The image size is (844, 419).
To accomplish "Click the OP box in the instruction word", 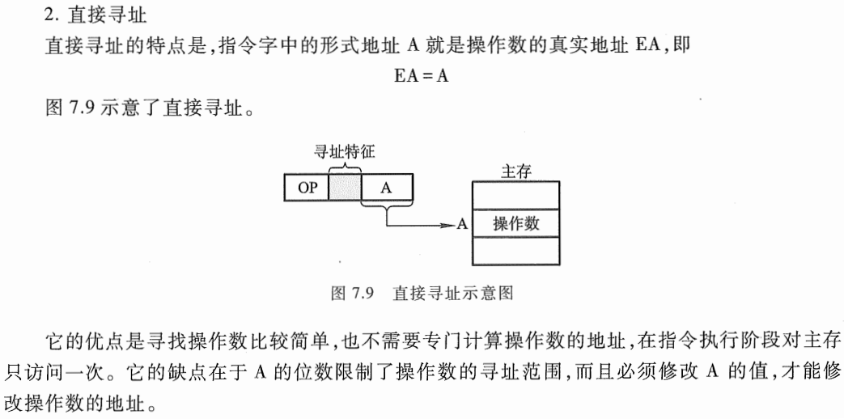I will coord(307,188).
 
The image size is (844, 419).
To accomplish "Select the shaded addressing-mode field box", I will coord(345,188).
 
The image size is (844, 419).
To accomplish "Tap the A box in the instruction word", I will coord(386,188).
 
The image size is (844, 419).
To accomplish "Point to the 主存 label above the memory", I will coord(515,171).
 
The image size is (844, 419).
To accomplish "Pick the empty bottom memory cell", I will coord(515,251).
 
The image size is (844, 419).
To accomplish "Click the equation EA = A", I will coord(422,76).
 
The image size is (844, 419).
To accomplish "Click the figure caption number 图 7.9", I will coord(351,293).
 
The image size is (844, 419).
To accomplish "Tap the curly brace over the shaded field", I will coord(345,164).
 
